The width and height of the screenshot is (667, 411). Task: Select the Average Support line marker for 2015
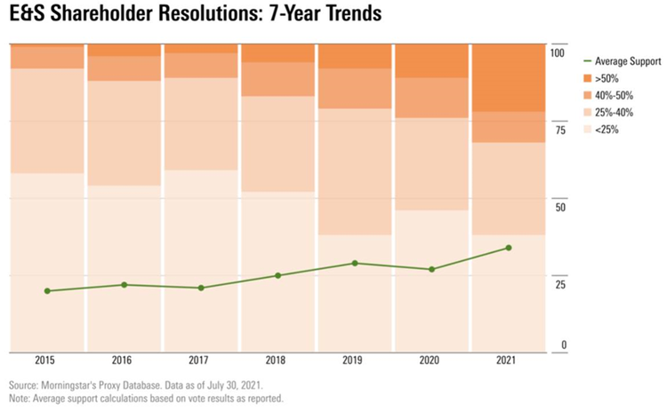pos(47,291)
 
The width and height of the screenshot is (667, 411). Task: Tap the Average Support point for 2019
pos(355,263)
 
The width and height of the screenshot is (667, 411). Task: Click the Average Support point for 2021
pos(509,248)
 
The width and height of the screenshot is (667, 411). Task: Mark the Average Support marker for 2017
pos(201,288)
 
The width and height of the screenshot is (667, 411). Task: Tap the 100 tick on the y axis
pos(559,53)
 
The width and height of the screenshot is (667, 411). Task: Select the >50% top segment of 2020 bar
pos(431,61)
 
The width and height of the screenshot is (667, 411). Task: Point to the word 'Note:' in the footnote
pos(20,399)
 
